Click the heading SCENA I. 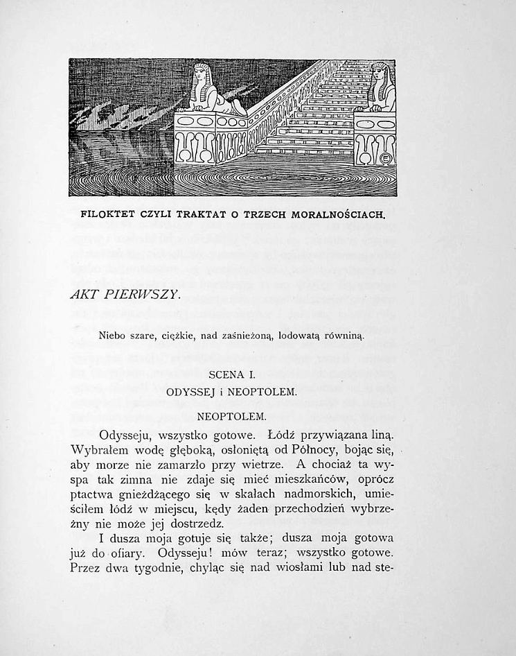(232, 375)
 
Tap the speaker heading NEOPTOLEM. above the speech (232, 417)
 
